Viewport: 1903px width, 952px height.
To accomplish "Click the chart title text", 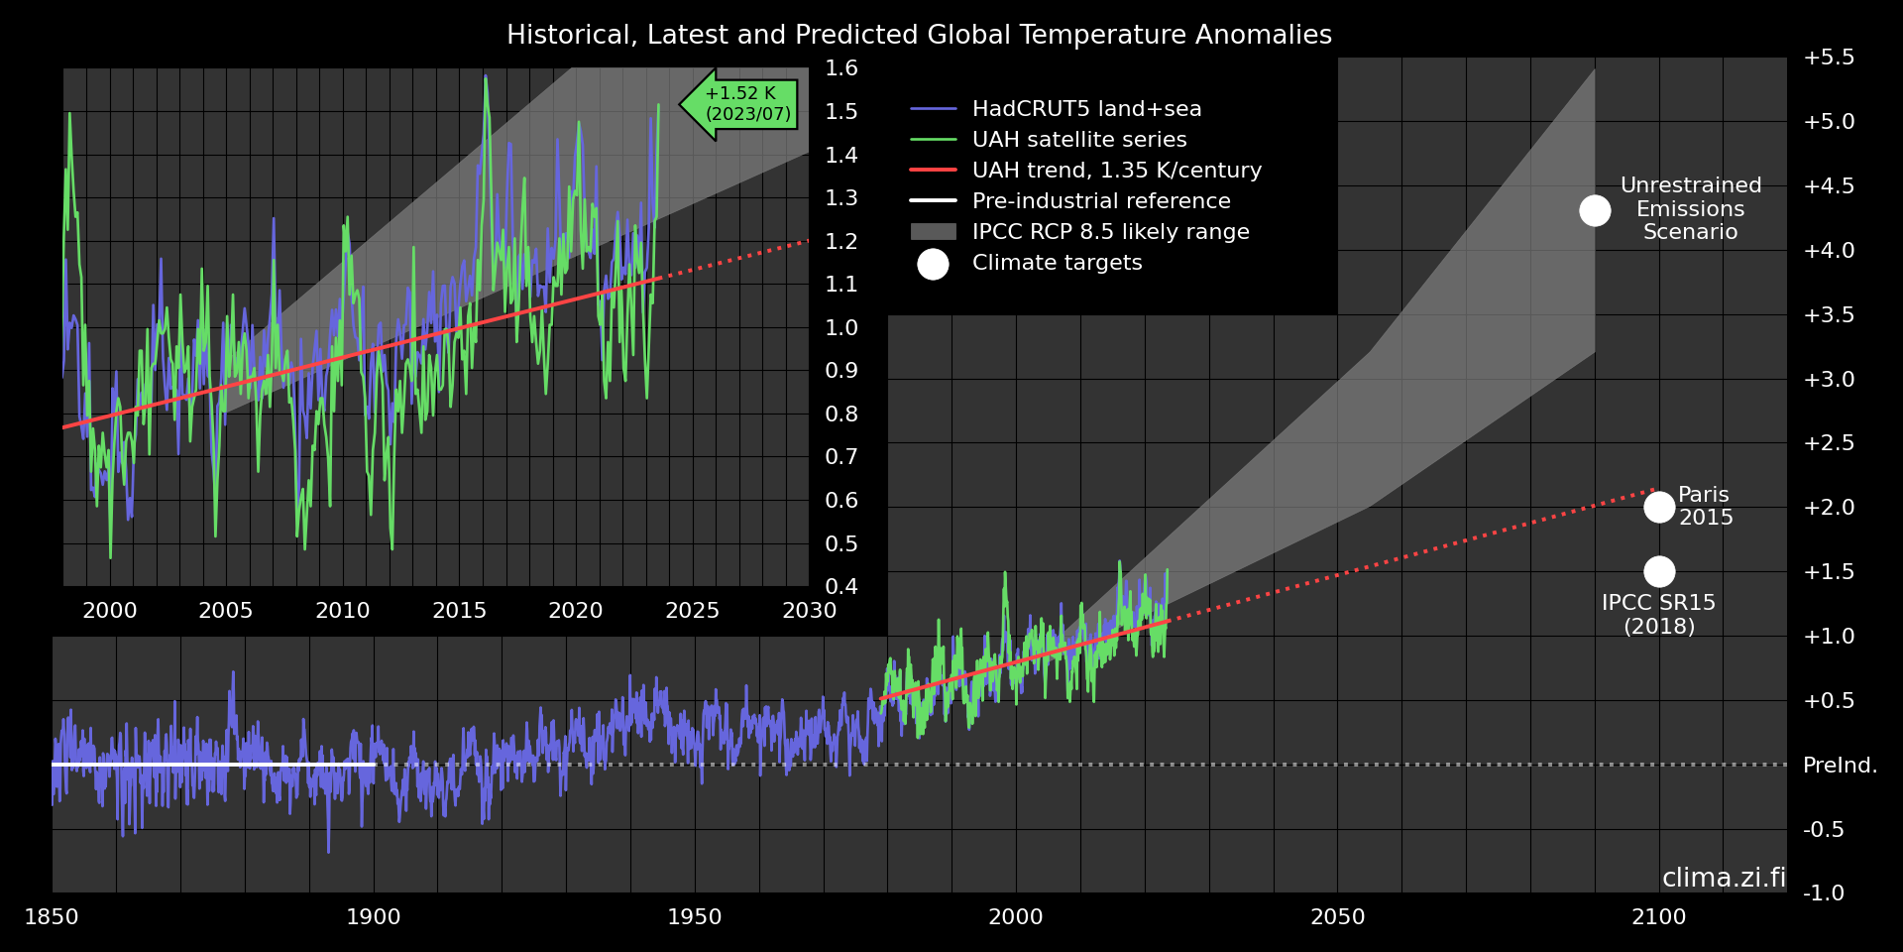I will coord(919,35).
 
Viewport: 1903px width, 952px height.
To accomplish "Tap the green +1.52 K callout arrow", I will coord(741,104).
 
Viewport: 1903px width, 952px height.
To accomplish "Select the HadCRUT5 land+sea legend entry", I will coord(1086,109).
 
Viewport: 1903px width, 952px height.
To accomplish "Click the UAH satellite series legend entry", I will coord(1078,140).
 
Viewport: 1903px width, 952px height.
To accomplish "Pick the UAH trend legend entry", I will coord(1116,171).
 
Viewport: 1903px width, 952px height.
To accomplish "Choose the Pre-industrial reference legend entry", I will coord(1100,201).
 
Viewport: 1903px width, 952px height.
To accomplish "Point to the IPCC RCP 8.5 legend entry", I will coord(1110,232).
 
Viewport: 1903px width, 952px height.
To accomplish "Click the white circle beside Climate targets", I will coord(933,264).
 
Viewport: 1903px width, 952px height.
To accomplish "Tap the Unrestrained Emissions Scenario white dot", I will coord(1595,210).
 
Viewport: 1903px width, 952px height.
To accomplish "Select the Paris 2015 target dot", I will coord(1659,507).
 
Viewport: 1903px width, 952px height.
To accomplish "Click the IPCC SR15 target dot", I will coord(1659,571).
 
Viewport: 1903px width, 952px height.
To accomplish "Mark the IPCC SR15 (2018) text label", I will coord(1658,615).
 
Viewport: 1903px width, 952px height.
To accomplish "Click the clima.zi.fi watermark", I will coord(1723,878).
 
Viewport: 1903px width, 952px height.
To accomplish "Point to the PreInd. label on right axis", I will coord(1840,766).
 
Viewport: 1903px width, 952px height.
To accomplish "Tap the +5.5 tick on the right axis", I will coord(1829,58).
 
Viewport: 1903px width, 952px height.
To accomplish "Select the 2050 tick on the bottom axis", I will coord(1337,917).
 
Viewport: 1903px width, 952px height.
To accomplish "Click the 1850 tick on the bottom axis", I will coord(52,917).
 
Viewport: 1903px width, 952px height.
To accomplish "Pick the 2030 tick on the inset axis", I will coord(809,611).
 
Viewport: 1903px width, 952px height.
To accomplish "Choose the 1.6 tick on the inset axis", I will coord(841,68).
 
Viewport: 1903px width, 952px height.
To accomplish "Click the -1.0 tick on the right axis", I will coord(1824,893).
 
